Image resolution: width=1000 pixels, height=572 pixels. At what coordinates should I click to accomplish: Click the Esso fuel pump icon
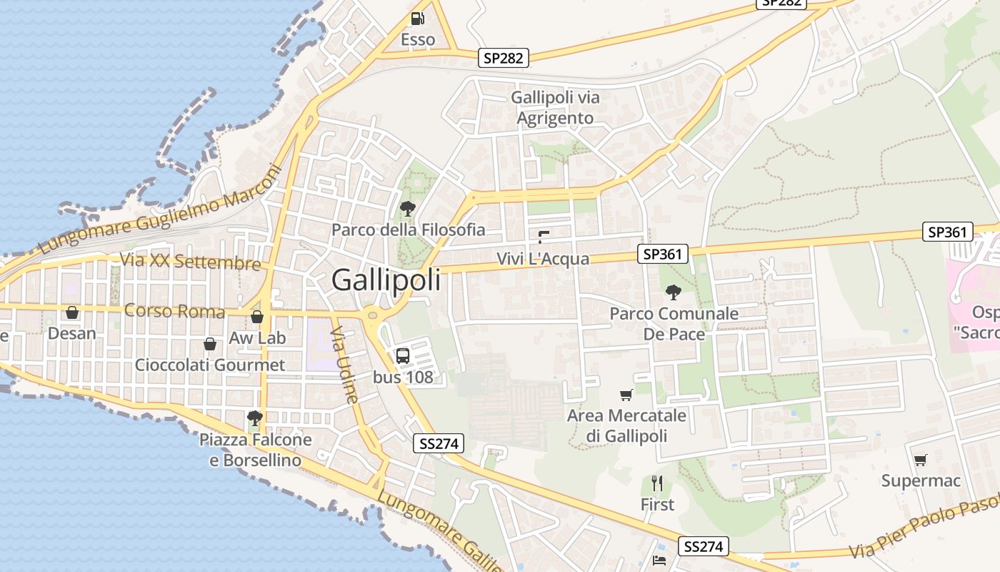point(418,19)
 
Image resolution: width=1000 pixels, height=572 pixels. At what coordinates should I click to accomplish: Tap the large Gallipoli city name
point(386,280)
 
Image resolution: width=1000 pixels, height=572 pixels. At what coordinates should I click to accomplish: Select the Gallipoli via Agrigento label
point(556,107)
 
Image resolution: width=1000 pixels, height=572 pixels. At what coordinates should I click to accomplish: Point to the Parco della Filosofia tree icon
point(408,209)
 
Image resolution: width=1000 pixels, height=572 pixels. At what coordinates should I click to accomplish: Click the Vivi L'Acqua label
point(543,259)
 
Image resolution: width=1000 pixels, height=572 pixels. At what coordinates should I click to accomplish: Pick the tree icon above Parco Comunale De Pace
point(673,292)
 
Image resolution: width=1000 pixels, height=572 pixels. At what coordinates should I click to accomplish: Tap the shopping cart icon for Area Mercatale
point(626,395)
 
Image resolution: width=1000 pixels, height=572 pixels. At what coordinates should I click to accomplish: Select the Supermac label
point(921,480)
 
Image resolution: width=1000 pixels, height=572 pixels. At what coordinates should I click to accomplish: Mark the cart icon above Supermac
point(921,460)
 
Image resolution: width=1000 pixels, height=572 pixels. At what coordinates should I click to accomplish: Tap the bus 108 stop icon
point(403,355)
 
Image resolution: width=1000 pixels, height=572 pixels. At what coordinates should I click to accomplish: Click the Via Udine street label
point(344,365)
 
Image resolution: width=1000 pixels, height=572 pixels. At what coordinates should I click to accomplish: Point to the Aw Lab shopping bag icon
point(257,317)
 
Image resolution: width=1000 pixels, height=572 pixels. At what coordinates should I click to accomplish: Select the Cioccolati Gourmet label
point(210,365)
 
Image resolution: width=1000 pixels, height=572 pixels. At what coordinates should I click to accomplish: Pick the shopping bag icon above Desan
point(72,312)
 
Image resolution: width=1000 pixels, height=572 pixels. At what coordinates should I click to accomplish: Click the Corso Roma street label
point(174,311)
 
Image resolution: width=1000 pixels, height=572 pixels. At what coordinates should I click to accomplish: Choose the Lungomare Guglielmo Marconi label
point(161,209)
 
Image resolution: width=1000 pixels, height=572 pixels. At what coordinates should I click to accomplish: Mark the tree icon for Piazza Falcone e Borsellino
point(254,418)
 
